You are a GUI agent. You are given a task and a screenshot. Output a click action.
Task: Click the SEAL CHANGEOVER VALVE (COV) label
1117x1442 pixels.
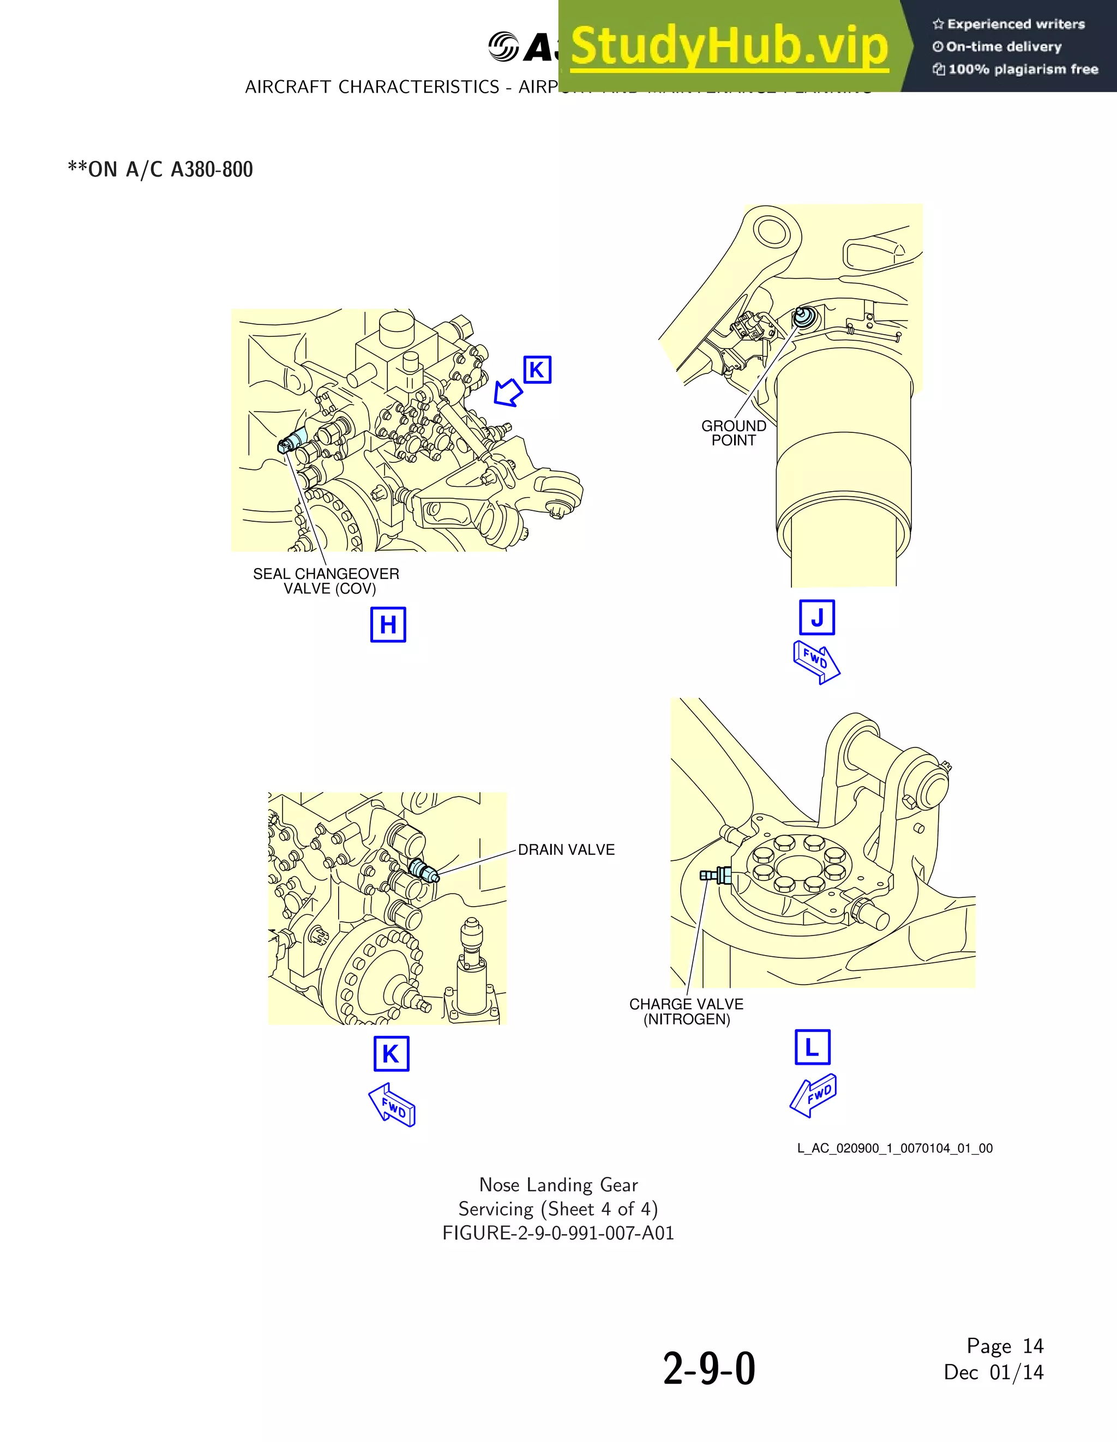[326, 581]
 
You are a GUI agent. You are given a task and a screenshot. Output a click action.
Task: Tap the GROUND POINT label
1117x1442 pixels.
[733, 433]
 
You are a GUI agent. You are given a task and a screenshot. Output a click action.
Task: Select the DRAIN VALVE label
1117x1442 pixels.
[566, 850]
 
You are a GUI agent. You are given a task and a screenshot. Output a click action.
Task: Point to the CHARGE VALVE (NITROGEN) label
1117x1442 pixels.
[686, 1011]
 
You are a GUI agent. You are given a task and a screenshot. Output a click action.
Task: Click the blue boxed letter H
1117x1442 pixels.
[388, 625]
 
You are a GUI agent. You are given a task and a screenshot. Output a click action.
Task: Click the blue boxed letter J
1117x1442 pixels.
[817, 617]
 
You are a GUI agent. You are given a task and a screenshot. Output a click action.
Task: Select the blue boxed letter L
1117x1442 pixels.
[812, 1047]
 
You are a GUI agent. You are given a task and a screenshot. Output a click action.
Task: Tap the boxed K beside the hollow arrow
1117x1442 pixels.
[537, 370]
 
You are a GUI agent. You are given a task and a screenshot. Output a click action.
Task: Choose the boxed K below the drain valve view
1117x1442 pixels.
[391, 1054]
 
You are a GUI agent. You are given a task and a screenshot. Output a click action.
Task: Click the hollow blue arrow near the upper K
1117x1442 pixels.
[508, 392]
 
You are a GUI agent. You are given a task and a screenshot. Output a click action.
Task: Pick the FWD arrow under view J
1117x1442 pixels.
[816, 662]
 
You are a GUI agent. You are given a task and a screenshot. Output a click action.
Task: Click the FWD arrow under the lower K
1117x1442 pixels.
[392, 1105]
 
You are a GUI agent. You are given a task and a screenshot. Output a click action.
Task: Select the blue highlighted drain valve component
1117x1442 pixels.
[423, 871]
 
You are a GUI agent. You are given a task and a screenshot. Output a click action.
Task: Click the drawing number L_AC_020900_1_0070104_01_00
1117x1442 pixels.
[894, 1148]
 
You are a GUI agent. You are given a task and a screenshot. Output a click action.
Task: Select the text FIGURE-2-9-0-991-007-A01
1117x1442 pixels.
[558, 1233]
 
